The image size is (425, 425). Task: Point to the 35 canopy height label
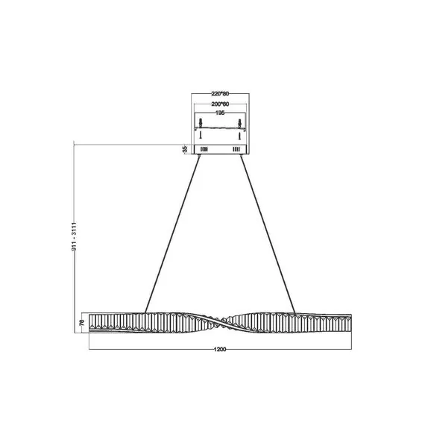185,149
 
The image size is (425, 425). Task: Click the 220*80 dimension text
220,94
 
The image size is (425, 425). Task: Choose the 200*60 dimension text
220,103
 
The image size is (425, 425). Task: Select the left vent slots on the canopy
203,150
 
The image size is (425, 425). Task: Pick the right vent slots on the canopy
237,150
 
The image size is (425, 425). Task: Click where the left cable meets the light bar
145,312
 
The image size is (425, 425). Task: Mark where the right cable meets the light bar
296,312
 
